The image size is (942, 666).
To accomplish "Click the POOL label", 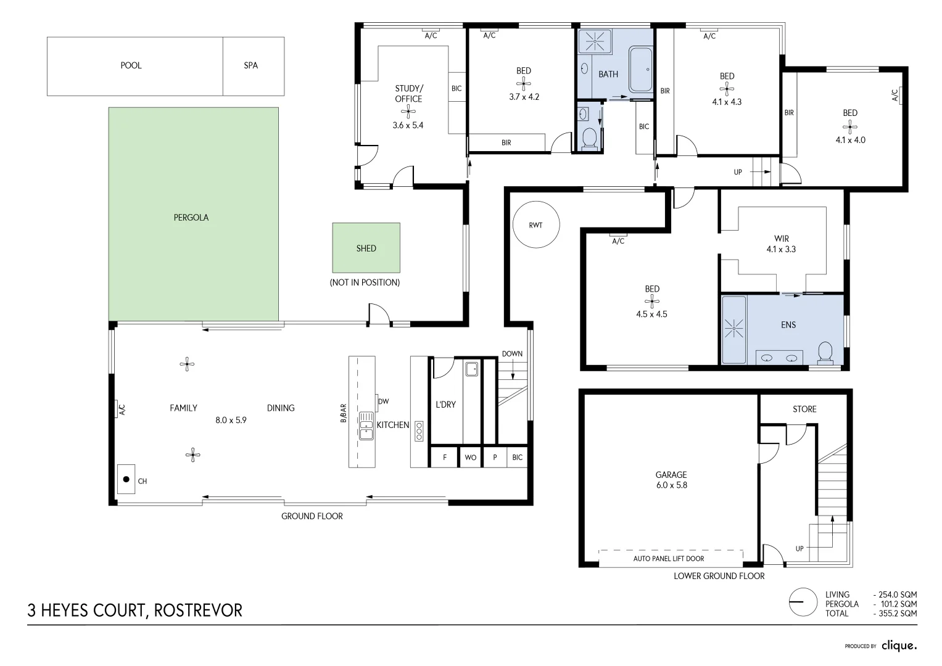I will [131, 65].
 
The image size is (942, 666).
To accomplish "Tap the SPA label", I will [250, 65].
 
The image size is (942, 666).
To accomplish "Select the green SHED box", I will [366, 248].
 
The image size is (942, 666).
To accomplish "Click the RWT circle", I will [535, 225].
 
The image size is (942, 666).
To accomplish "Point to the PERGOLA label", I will [191, 218].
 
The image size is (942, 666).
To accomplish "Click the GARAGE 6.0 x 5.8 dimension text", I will [671, 485].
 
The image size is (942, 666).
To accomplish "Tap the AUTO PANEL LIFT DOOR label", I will [668, 559].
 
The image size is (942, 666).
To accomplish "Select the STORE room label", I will [804, 409].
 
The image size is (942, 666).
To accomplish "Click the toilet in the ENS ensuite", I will [825, 353].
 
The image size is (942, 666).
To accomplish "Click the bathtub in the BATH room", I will [640, 72].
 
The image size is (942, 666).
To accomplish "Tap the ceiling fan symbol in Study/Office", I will [408, 112].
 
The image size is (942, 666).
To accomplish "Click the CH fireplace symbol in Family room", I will [126, 479].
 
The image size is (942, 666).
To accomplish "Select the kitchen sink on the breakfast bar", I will [366, 425].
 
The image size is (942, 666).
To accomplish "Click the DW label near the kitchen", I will [383, 401].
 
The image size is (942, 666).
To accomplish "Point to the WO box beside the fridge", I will [470, 458].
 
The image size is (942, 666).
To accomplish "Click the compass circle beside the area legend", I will [804, 601].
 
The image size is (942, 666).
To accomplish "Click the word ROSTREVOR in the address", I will [198, 610].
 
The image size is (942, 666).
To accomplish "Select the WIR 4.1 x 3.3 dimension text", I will [781, 250].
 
